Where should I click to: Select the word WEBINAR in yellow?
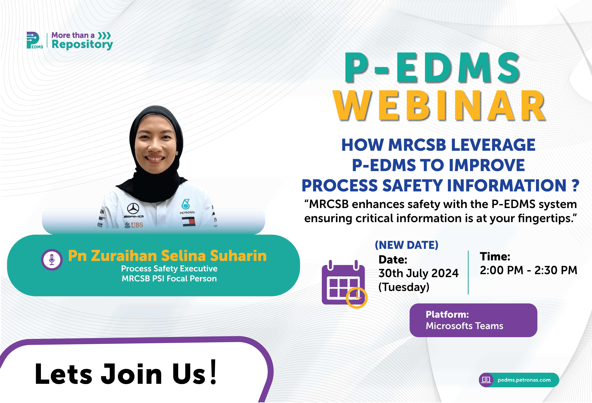click(x=440, y=105)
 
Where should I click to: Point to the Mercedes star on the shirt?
click(x=133, y=208)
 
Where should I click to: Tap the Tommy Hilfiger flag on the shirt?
click(x=189, y=222)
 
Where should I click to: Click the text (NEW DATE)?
click(x=407, y=245)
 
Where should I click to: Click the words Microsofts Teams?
click(x=464, y=326)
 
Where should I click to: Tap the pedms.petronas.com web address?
click(x=524, y=380)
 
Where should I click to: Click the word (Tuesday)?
click(x=404, y=287)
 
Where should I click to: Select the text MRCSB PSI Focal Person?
click(x=169, y=279)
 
